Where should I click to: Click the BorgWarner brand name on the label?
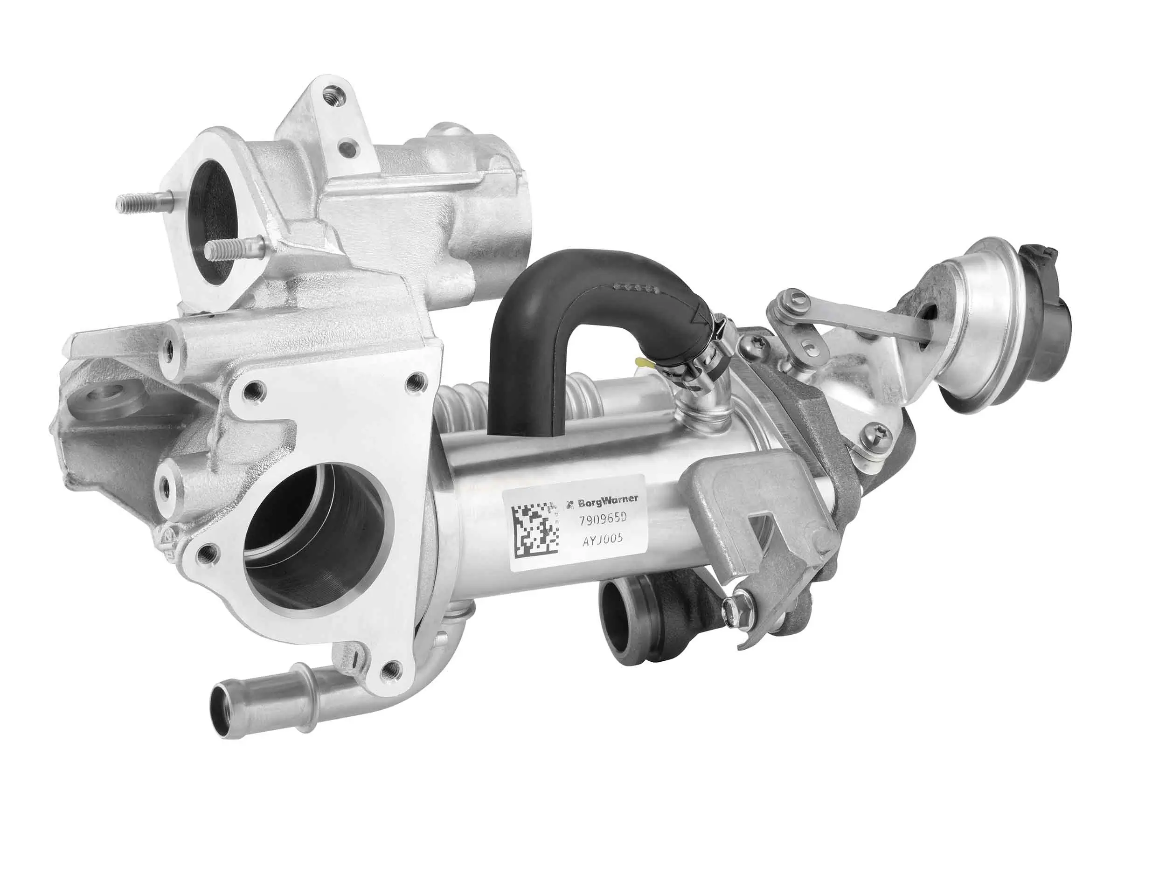(606, 499)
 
